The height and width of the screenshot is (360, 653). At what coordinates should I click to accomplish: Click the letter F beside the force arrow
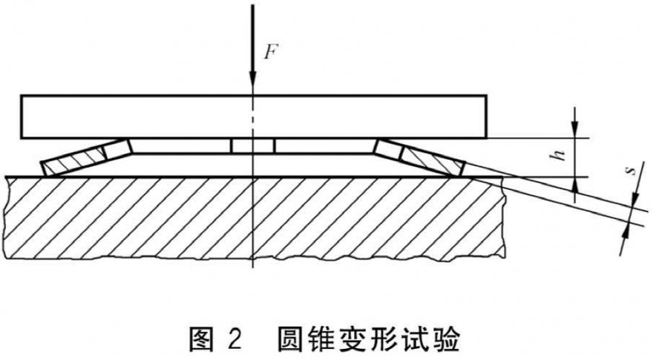(270, 52)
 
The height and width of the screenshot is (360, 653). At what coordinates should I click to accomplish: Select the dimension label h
(559, 155)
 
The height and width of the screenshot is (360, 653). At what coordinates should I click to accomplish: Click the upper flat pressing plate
(253, 117)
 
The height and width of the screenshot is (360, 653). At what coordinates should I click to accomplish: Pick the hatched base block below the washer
(255, 218)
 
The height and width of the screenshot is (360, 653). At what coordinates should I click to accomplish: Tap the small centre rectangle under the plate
(253, 145)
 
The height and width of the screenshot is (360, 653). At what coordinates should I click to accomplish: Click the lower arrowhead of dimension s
(626, 234)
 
